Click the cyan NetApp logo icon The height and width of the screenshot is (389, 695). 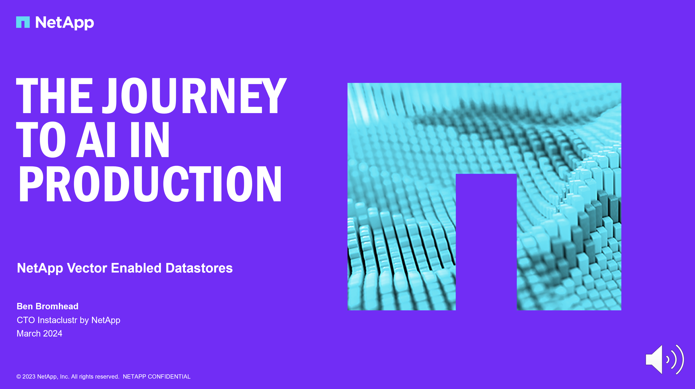coord(23,22)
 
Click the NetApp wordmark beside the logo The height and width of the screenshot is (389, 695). coord(65,23)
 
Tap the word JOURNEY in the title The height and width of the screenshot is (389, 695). coord(194,96)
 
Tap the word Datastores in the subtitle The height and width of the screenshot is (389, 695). coord(199,268)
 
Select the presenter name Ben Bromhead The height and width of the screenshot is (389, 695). coord(48,306)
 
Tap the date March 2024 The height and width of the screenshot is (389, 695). coord(39,334)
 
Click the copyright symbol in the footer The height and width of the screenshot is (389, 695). coord(19,377)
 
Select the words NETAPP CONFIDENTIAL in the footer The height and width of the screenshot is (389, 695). coord(156,377)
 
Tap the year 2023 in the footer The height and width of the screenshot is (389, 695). coord(29,377)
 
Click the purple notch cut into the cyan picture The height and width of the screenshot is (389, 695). coord(486,242)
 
